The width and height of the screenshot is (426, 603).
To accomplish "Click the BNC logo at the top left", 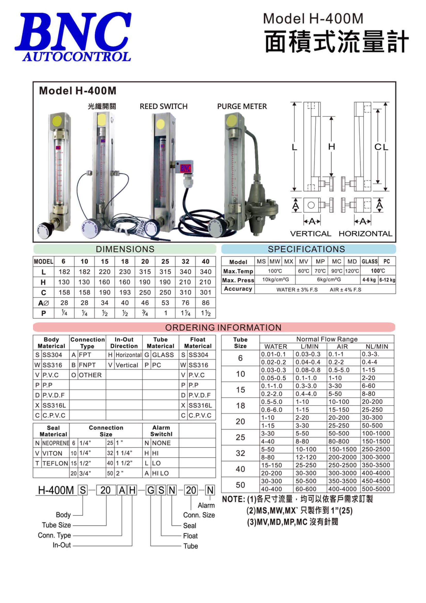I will (x=73, y=37).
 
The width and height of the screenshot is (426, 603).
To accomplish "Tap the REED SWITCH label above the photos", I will (x=164, y=106).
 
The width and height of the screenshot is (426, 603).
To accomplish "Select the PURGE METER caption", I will (x=242, y=106).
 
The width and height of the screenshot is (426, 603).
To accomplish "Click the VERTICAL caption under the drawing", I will (x=310, y=233).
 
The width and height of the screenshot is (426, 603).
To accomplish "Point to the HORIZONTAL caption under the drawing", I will (x=365, y=233).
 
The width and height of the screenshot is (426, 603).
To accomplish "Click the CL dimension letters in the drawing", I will (x=381, y=147).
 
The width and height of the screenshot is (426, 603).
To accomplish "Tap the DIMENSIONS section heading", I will (x=125, y=249).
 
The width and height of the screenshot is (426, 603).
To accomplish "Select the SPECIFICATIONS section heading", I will (x=306, y=249).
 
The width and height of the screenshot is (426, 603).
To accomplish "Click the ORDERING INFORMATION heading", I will (x=223, y=328).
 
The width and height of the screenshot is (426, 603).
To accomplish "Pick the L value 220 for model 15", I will (x=105, y=272).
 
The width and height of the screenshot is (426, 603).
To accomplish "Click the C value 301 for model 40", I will (x=206, y=292).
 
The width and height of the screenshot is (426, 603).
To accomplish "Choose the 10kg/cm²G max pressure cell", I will (x=275, y=280).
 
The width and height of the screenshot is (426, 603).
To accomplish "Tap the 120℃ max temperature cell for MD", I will (x=352, y=271).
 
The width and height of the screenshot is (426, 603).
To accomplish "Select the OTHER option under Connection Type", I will (x=90, y=375).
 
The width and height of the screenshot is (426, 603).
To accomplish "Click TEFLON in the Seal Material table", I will (x=55, y=463).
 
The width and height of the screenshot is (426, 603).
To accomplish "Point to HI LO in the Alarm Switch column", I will (x=160, y=473).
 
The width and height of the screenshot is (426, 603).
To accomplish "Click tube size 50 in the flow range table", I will (x=240, y=485).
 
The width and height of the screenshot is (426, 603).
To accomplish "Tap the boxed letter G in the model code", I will (x=151, y=490).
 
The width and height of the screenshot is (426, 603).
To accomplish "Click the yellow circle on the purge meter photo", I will (x=231, y=121).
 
